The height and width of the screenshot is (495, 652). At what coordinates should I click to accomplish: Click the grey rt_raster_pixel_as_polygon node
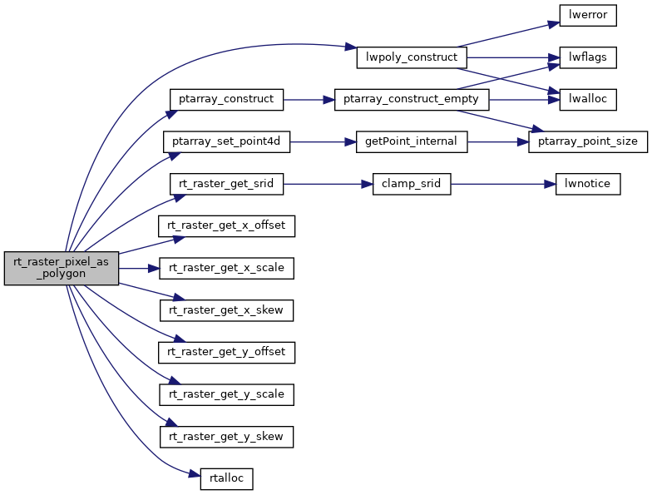62,268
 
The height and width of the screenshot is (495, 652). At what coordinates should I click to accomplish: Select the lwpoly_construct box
412,57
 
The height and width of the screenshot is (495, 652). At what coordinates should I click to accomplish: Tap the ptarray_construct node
226,99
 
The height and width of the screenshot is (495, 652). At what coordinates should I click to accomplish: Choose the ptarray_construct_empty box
411,99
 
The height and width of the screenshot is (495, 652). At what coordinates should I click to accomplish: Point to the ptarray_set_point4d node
226,141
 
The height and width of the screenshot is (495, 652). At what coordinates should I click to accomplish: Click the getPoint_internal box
411,141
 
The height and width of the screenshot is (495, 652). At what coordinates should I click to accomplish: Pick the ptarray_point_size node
587,141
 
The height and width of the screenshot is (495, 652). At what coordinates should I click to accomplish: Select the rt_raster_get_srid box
226,184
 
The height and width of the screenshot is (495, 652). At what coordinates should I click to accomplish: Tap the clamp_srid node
411,184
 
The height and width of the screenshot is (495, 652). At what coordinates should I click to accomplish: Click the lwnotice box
587,184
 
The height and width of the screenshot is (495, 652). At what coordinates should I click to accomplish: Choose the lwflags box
587,57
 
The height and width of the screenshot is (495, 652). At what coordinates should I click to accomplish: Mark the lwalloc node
587,99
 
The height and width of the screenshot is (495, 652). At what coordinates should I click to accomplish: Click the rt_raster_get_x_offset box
226,225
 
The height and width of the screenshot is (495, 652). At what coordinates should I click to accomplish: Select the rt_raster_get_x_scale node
226,268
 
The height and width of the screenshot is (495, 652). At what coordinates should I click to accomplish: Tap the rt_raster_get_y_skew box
226,436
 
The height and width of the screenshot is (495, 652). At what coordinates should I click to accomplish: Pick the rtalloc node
226,478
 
